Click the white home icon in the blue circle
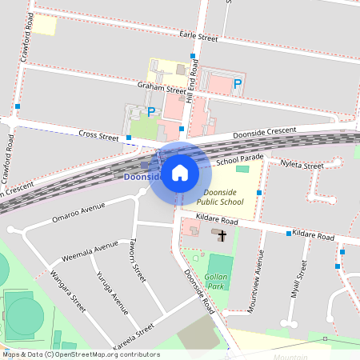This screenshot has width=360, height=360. (x=180, y=173)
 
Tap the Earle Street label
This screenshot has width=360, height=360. (x=199, y=37)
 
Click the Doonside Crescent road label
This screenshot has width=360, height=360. (x=264, y=130)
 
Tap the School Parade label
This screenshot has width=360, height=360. (x=239, y=160)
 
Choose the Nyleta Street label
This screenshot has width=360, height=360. (x=302, y=166)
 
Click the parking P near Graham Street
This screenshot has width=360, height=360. (x=237, y=83)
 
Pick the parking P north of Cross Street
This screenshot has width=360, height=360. (x=150, y=112)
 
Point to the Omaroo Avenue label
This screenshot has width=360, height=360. (x=78, y=212)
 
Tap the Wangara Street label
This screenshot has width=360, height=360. (x=67, y=291)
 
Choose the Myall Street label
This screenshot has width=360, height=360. (x=299, y=278)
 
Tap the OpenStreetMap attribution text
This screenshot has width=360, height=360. (x=81, y=354)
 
